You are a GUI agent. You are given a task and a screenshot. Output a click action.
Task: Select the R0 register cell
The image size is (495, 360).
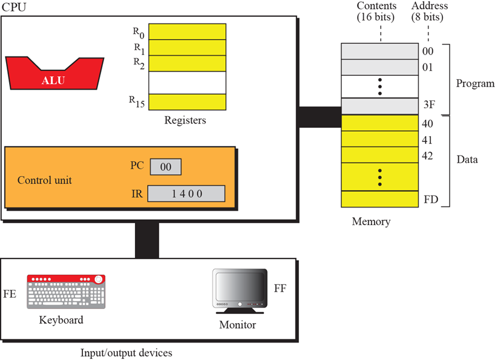(x=187, y=31)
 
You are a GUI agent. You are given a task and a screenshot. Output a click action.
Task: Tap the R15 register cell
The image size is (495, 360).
(x=187, y=101)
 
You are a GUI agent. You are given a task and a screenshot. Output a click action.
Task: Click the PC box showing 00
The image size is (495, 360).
(x=165, y=166)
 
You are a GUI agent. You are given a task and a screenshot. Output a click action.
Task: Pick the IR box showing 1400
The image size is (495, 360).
(x=186, y=194)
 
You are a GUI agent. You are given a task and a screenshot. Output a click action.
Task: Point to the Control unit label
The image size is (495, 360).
(x=45, y=180)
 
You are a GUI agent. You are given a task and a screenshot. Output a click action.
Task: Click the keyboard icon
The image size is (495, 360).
(x=66, y=292)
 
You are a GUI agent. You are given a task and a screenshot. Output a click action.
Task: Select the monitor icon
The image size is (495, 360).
(x=240, y=290)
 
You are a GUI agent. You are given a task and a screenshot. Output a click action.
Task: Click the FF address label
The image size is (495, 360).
(x=280, y=287)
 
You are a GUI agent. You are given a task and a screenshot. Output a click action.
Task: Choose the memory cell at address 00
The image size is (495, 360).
(x=380, y=51)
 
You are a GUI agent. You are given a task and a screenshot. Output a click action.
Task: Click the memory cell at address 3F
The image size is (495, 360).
(x=380, y=106)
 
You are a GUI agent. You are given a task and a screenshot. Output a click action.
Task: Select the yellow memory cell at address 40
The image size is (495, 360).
(x=380, y=123)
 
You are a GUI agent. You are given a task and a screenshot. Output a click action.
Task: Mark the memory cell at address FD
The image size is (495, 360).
(x=380, y=198)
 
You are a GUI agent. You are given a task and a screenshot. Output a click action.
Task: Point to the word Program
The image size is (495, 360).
(x=475, y=83)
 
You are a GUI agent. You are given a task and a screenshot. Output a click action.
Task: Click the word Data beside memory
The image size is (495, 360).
(x=467, y=160)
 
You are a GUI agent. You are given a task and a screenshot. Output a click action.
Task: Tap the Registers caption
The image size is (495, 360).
(x=185, y=120)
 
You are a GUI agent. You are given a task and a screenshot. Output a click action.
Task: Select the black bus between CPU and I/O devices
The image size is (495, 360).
(x=146, y=240)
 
